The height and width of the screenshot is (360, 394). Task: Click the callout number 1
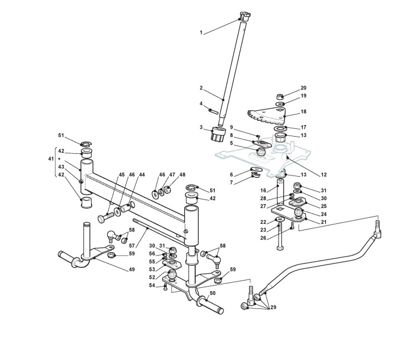pos(201,33)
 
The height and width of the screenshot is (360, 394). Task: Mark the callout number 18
pos(303,112)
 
